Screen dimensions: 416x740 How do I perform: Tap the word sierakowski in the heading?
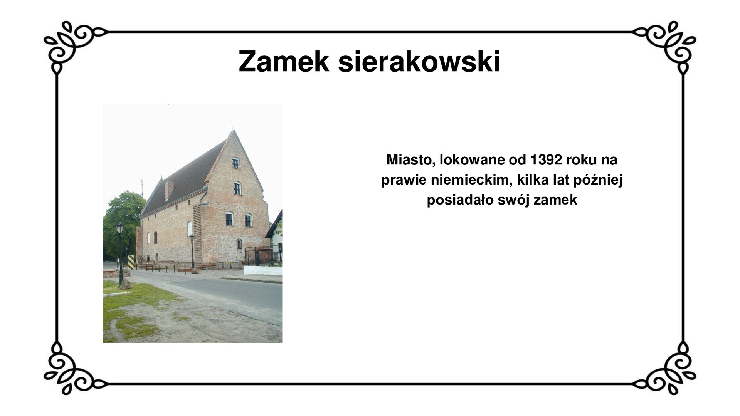click(x=419, y=62)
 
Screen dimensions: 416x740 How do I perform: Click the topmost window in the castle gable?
click(x=235, y=163)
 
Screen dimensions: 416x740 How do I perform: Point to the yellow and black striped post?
click(x=131, y=262)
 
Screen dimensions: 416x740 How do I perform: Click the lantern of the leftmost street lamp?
click(x=120, y=230)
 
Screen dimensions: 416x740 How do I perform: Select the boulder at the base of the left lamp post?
click(x=125, y=284)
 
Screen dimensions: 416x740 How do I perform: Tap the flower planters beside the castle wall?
click(x=229, y=265)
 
